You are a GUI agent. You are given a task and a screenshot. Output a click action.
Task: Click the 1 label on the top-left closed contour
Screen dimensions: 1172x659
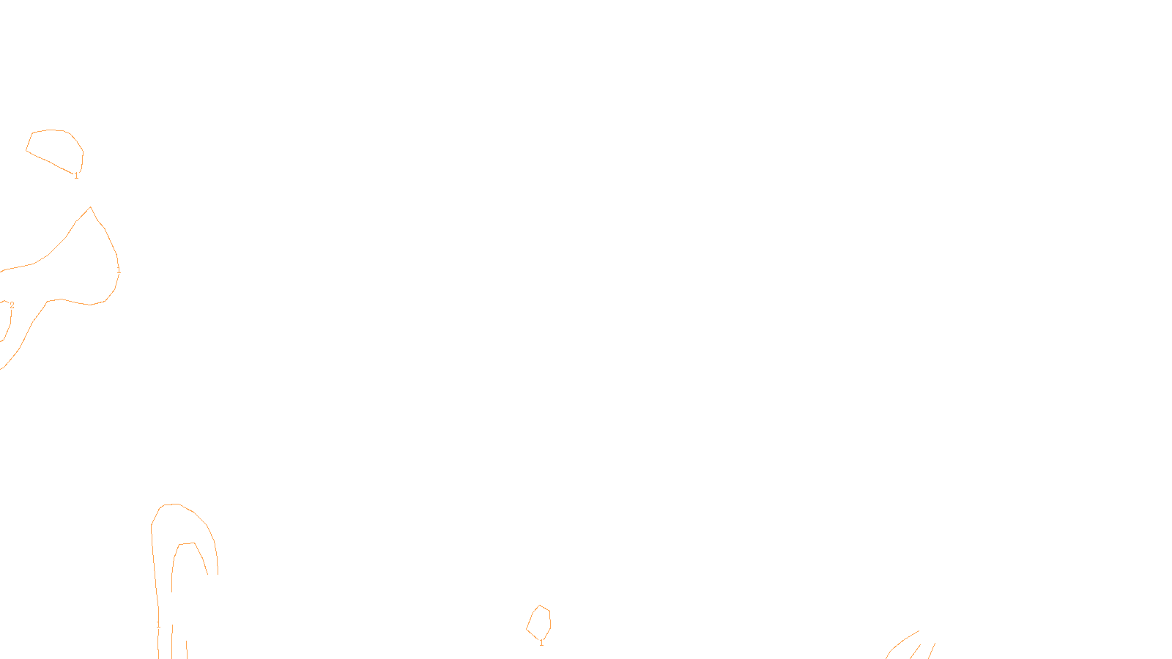pyautogui.click(x=76, y=176)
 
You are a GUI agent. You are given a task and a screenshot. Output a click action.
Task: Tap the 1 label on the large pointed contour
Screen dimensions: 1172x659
pyautogui.click(x=119, y=271)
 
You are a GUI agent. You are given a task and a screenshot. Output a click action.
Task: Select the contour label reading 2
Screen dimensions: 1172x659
pyautogui.click(x=12, y=305)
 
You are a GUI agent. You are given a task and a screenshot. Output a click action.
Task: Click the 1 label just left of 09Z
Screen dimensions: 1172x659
pyautogui.click(x=541, y=644)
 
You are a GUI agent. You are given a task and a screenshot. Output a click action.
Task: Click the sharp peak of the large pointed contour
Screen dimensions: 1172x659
pyautogui.click(x=90, y=207)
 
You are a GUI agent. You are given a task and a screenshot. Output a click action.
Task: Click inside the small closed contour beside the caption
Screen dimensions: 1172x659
pyautogui.click(x=540, y=622)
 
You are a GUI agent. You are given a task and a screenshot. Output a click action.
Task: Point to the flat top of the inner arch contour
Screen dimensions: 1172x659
pyautogui.click(x=187, y=543)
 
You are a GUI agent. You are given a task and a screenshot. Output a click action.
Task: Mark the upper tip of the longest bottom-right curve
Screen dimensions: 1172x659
pyautogui.click(x=919, y=631)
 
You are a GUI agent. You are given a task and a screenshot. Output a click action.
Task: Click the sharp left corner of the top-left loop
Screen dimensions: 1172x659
pyautogui.click(x=26, y=151)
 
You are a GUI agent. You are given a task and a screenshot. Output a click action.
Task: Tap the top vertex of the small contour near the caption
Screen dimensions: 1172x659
pyautogui.click(x=541, y=606)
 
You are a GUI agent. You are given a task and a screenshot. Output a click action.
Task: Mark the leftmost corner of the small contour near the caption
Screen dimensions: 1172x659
pyautogui.click(x=527, y=630)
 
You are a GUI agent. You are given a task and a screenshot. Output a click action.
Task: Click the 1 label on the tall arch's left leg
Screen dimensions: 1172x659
pyautogui.click(x=158, y=625)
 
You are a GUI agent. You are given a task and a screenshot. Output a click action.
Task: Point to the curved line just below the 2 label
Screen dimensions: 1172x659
pyautogui.click(x=8, y=326)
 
